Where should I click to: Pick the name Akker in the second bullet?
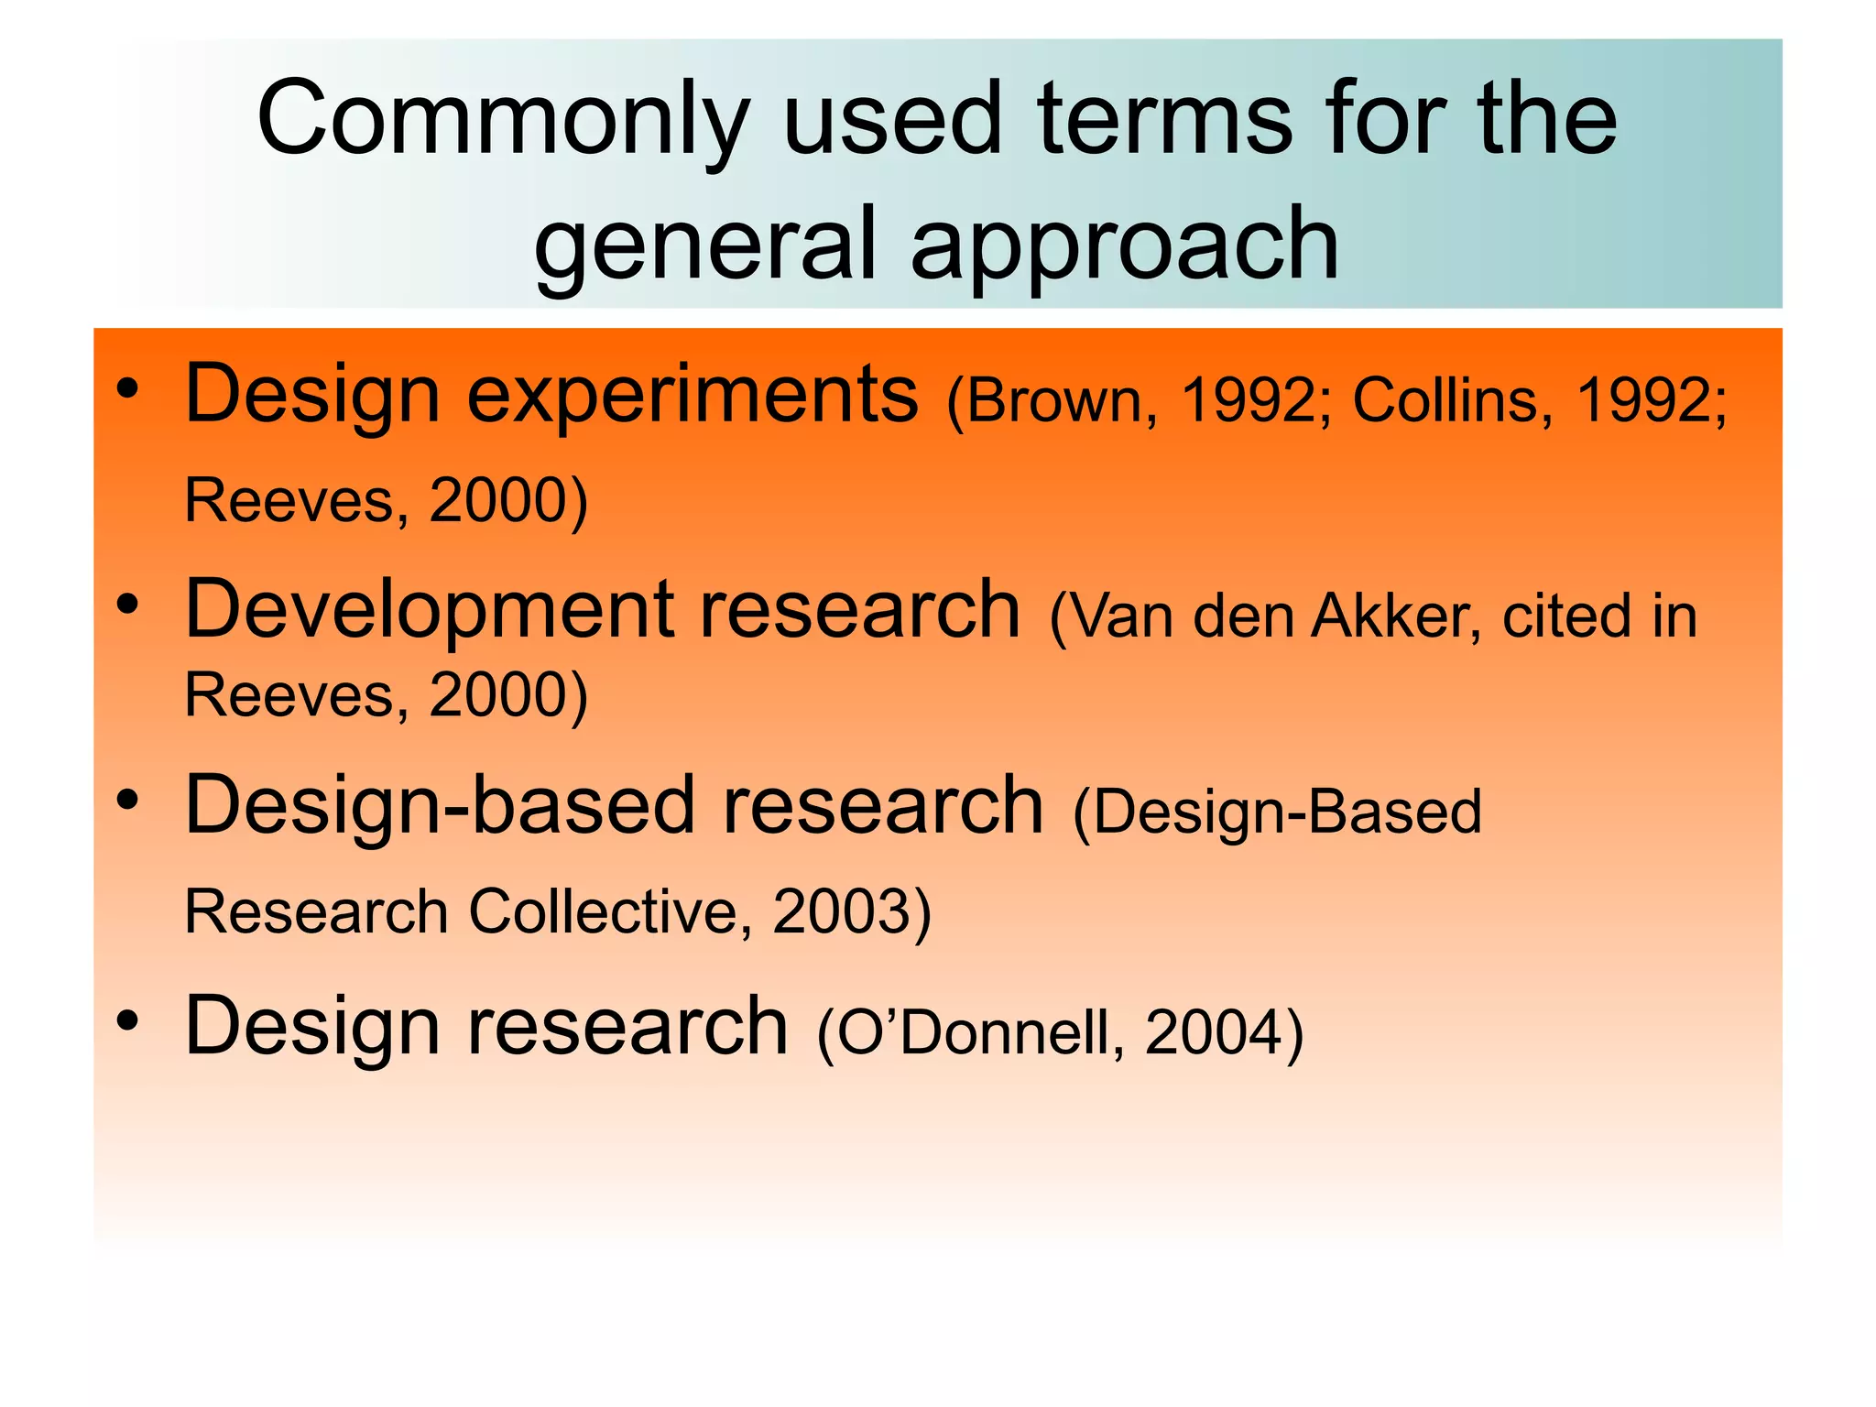pos(1397,616)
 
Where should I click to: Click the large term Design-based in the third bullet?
pos(441,806)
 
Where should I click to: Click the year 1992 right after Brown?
pos(1249,401)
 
